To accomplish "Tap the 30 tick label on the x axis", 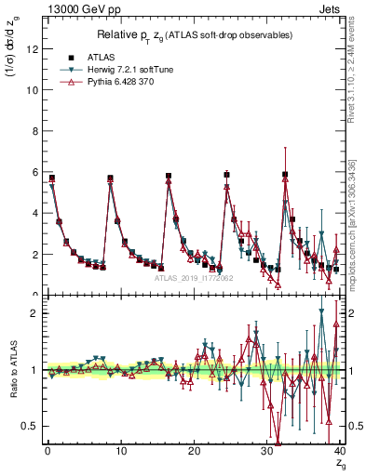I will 265,451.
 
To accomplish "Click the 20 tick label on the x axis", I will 193,451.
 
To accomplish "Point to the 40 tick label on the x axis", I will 339,451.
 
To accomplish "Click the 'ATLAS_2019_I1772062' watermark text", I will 194,277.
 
